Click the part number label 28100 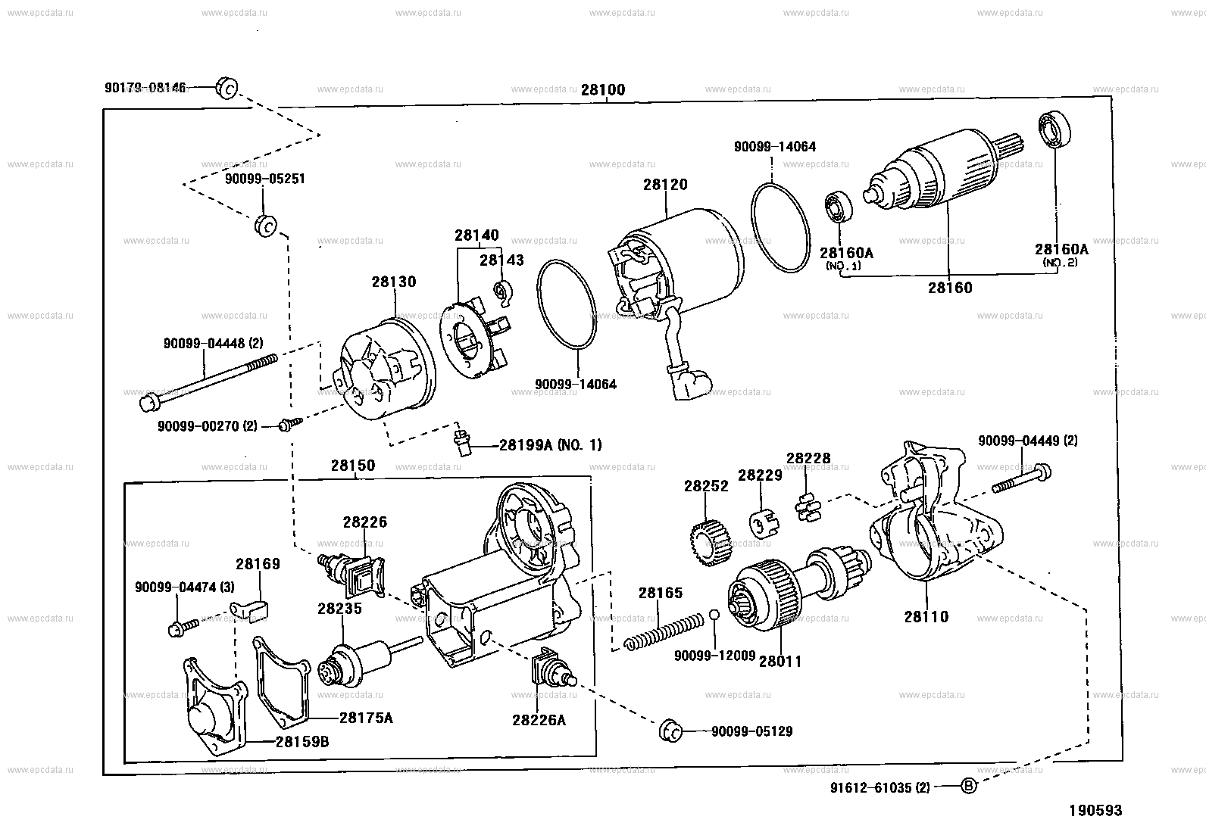(x=603, y=90)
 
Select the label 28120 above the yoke (x=665, y=184)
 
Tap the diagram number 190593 (x=1095, y=811)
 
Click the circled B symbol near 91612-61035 (x=968, y=786)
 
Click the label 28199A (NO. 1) (x=550, y=445)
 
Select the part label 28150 (x=352, y=466)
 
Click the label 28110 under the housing (x=926, y=616)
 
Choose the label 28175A (x=366, y=717)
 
